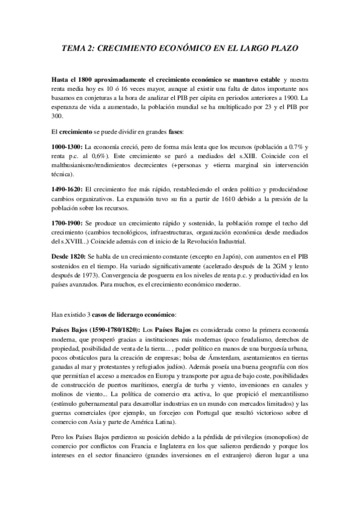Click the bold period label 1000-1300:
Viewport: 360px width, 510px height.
69,146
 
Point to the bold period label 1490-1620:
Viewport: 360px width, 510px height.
69,189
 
